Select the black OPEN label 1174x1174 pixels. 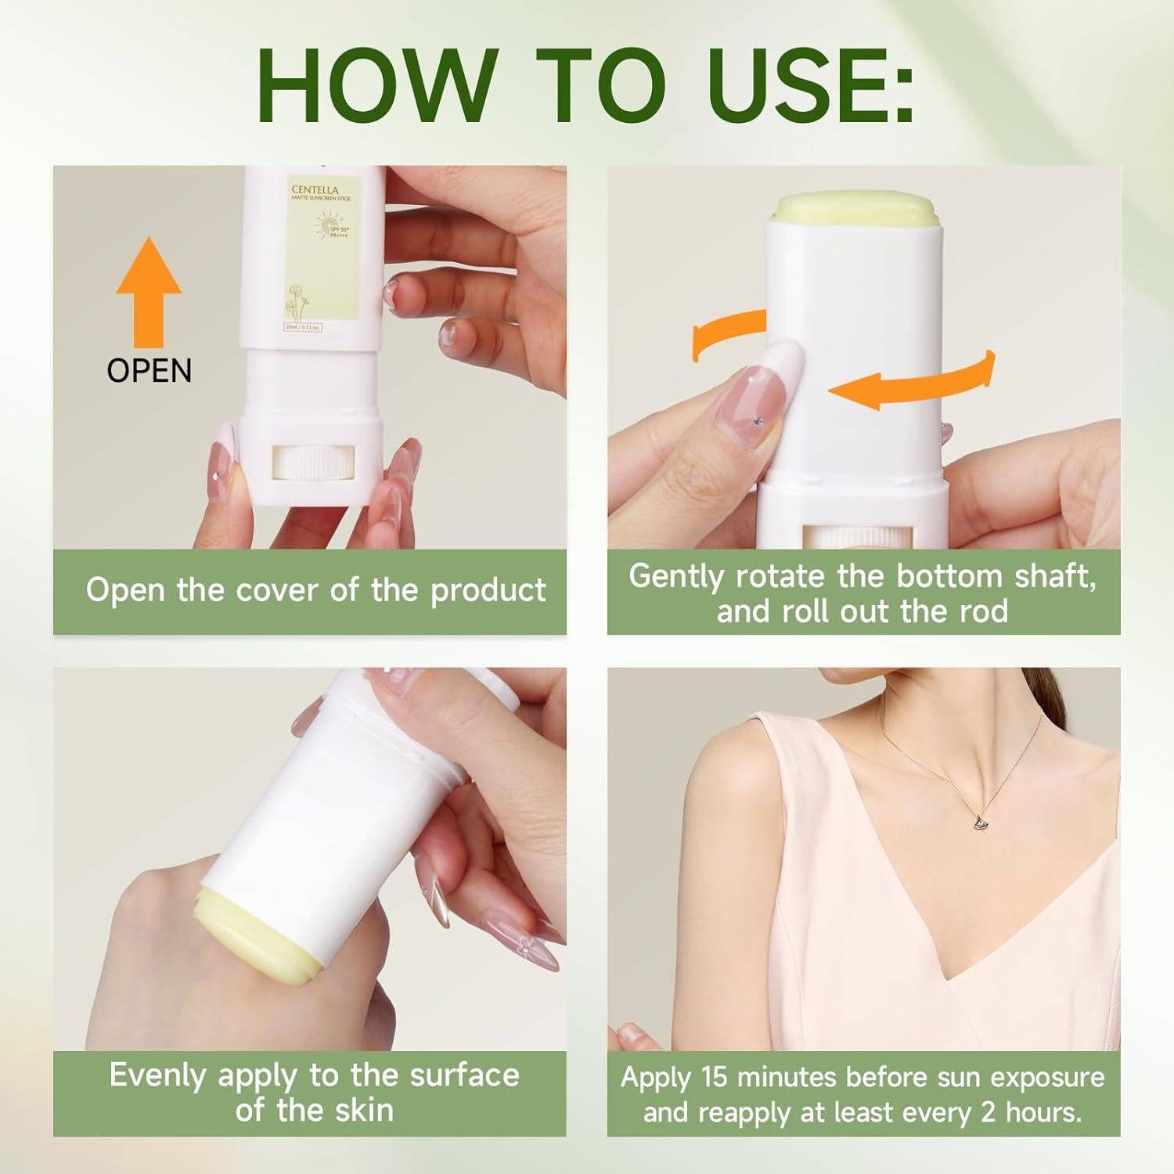coord(149,370)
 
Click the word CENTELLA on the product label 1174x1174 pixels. coord(315,190)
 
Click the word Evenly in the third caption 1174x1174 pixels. coord(159,1075)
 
